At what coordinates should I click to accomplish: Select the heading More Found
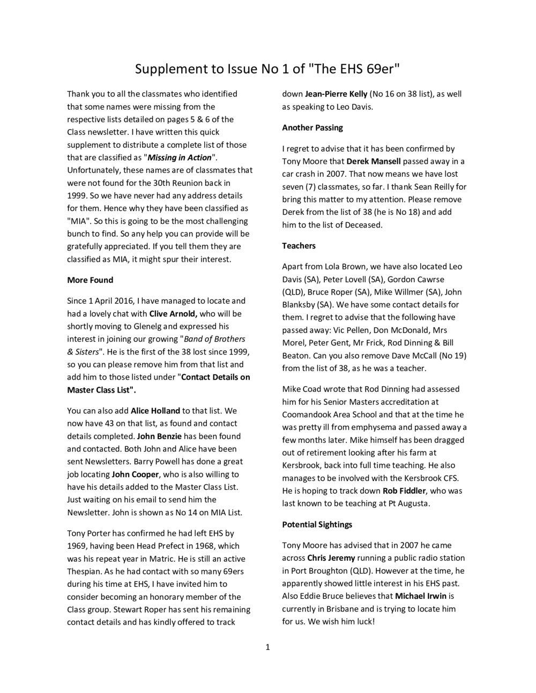(90, 280)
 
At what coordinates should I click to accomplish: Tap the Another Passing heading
(312, 127)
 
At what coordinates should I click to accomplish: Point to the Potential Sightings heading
(317, 524)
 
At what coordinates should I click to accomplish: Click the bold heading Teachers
(299, 246)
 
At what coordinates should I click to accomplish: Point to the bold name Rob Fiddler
(404, 491)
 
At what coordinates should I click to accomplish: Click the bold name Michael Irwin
(425, 596)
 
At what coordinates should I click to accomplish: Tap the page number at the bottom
(268, 647)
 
